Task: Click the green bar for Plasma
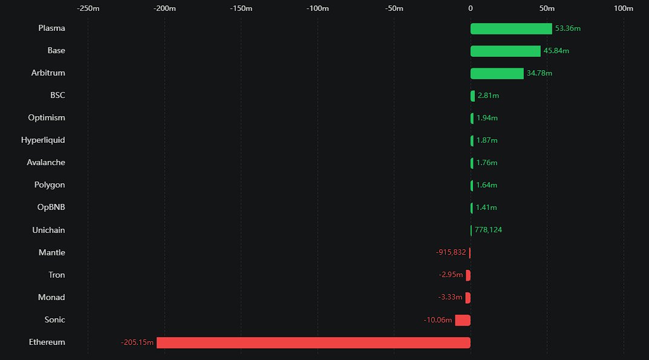[x=511, y=28]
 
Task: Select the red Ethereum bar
[x=313, y=342]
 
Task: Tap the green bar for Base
[x=505, y=51]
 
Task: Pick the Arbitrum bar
[x=497, y=73]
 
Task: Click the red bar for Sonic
[x=463, y=320]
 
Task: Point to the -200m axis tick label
[x=165, y=8]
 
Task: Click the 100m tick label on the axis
[x=623, y=8]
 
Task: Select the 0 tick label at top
[x=471, y=8]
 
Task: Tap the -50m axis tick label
[x=394, y=8]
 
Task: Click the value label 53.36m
[x=568, y=28]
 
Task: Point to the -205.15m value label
[x=137, y=343]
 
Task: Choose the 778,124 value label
[x=488, y=230]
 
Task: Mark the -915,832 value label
[x=451, y=252]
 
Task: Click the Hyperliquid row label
[x=43, y=140]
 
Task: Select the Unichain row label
[x=48, y=230]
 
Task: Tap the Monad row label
[x=51, y=297]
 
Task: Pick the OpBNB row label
[x=51, y=207]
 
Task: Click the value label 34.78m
[x=540, y=73]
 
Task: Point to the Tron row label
[x=57, y=275]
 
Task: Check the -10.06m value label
[x=438, y=320]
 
